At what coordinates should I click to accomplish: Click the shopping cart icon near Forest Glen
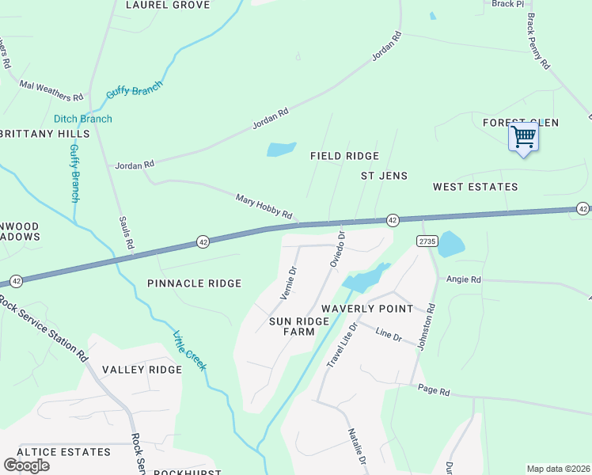(x=522, y=138)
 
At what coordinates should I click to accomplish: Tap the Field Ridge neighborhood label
(x=344, y=156)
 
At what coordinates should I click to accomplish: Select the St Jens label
(x=384, y=175)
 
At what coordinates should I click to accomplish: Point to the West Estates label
(x=475, y=187)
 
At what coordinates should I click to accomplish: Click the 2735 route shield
(x=427, y=240)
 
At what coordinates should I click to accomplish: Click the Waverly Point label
(x=366, y=308)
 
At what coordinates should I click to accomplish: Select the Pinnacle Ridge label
(x=194, y=283)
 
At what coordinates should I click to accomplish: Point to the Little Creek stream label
(x=189, y=350)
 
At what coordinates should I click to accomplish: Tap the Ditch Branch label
(x=83, y=119)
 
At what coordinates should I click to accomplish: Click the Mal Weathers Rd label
(x=51, y=91)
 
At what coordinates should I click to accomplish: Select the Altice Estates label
(x=63, y=451)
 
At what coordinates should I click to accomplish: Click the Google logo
(x=26, y=465)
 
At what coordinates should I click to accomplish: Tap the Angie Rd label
(x=464, y=279)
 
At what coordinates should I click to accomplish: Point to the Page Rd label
(x=434, y=391)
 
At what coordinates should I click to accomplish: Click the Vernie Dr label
(x=289, y=282)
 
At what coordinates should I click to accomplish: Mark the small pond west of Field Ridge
(x=281, y=149)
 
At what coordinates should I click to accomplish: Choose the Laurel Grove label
(x=168, y=5)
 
